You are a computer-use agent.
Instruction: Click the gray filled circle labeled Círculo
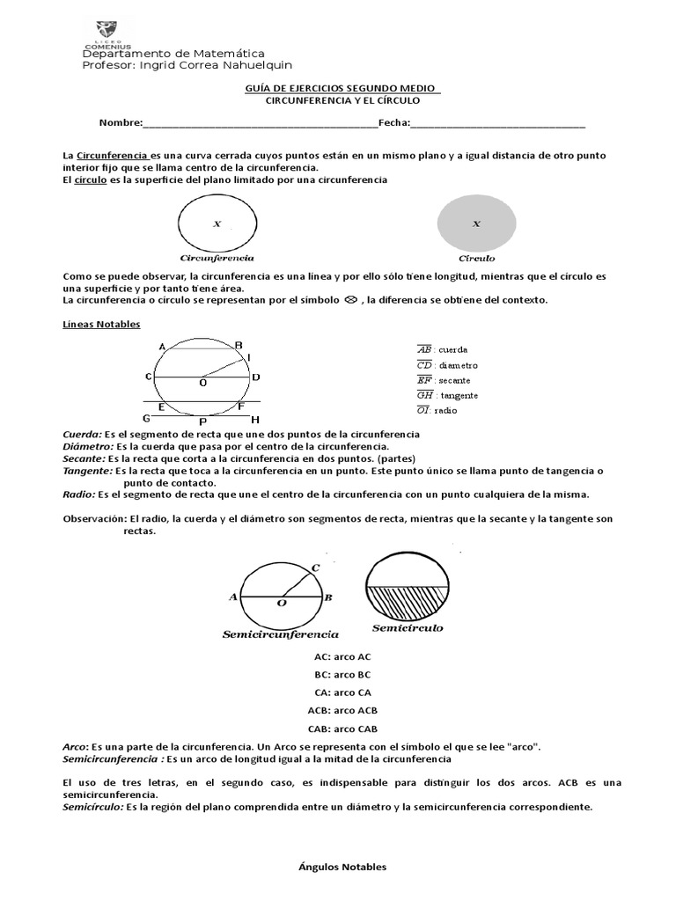tap(476, 223)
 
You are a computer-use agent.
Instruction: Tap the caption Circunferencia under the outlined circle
tap(217, 259)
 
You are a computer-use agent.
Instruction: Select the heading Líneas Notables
tap(101, 324)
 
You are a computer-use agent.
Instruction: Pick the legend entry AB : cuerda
tap(442, 349)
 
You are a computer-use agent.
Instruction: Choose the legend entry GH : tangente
tap(447, 395)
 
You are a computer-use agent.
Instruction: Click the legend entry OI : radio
tap(437, 411)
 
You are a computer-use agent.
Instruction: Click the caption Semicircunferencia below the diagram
tap(280, 634)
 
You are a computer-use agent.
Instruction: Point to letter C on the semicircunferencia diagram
tap(316, 568)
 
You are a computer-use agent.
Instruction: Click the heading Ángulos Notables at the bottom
tap(342, 867)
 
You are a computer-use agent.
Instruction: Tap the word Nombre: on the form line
tap(119, 122)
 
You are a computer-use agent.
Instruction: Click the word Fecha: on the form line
tap(393, 122)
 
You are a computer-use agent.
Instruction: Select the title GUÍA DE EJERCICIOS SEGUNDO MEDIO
tap(342, 88)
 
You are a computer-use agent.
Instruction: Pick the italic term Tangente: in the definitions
tap(83, 471)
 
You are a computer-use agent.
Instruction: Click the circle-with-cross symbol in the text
tap(349, 300)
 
